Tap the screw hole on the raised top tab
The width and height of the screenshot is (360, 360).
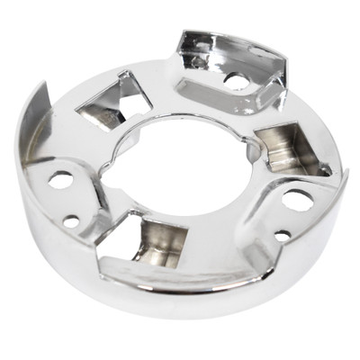(x=233, y=80)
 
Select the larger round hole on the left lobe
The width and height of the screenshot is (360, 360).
(x=61, y=179)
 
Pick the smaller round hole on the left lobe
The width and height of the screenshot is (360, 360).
(x=71, y=220)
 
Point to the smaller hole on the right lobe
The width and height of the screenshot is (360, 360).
(x=282, y=236)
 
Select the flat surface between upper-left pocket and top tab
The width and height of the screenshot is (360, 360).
(x=153, y=81)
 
